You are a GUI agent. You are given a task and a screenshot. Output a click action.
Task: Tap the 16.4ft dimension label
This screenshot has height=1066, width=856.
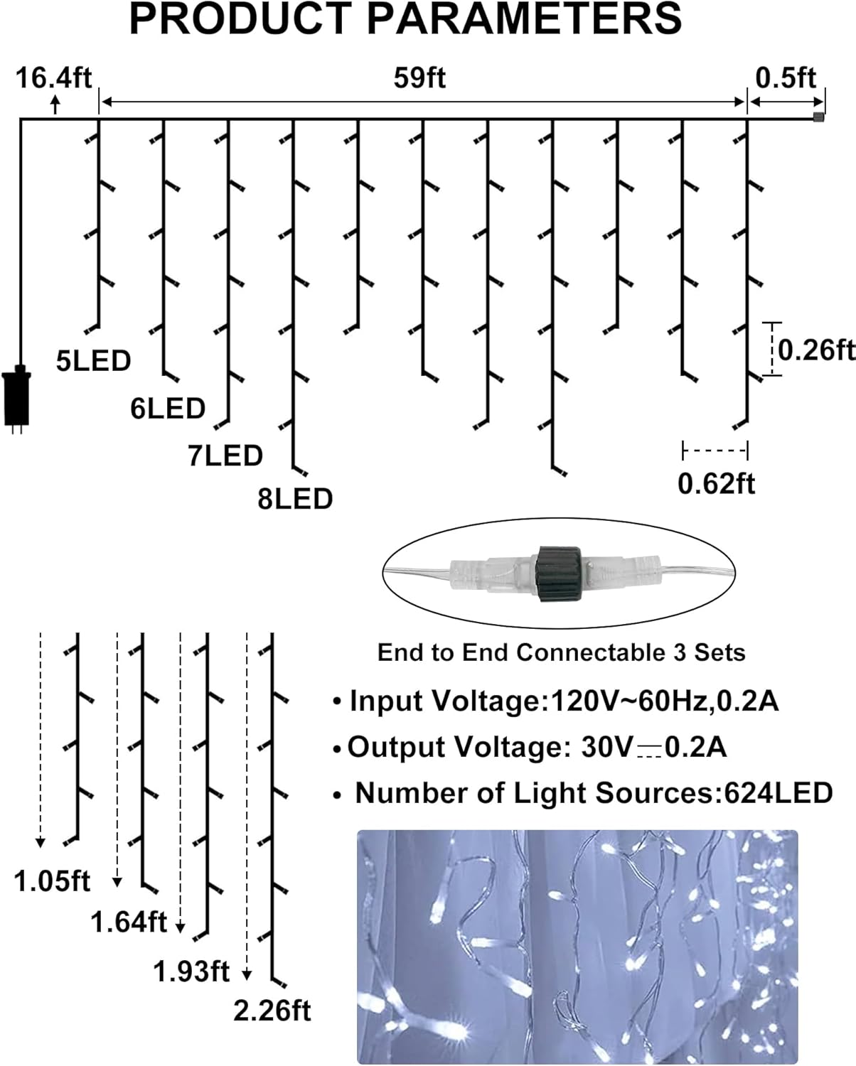(x=54, y=77)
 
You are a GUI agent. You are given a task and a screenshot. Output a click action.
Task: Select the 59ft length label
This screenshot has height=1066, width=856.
(x=419, y=78)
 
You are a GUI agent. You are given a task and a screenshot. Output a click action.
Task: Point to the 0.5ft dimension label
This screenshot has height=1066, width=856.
(x=786, y=77)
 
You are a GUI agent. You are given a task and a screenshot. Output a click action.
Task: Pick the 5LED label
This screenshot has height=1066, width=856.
(x=94, y=361)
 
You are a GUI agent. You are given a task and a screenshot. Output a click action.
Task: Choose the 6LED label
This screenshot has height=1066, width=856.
(x=168, y=409)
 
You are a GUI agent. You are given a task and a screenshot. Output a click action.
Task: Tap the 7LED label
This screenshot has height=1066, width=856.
(x=225, y=456)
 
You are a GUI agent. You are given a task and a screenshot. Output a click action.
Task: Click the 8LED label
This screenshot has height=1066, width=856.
(x=295, y=499)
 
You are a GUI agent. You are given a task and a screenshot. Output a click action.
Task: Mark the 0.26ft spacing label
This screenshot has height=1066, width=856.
(x=815, y=350)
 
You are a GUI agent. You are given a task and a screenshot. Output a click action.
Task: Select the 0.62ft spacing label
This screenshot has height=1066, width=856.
(x=716, y=484)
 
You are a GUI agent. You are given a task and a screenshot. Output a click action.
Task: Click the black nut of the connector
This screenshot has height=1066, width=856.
(x=560, y=574)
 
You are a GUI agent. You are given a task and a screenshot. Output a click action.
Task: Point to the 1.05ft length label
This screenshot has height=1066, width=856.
(x=53, y=882)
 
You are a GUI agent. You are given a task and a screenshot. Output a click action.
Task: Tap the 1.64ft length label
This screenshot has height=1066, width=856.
(x=129, y=922)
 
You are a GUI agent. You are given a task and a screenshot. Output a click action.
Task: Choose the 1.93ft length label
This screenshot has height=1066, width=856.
(x=192, y=971)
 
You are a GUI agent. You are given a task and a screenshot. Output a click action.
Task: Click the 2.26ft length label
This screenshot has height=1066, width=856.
(x=272, y=1011)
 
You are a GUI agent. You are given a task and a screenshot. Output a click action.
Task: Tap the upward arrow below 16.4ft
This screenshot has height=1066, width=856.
(x=55, y=105)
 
